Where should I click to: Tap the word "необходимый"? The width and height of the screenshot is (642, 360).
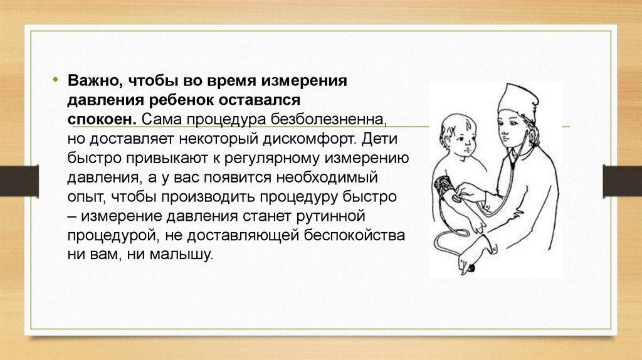pyautogui.click(x=327, y=177)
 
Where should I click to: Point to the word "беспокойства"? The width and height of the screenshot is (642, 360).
pyautogui.click(x=355, y=235)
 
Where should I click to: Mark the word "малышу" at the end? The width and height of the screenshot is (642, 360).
pyautogui.click(x=181, y=255)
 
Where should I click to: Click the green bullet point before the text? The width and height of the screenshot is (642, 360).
pyautogui.click(x=55, y=80)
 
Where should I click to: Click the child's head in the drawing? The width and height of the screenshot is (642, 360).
pyautogui.click(x=458, y=135)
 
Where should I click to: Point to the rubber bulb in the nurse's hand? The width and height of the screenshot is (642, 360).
pyautogui.click(x=471, y=269)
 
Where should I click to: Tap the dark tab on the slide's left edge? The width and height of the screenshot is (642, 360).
pyautogui.click(x=19, y=181)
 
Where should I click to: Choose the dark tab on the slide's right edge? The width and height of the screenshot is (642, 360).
pyautogui.click(x=623, y=181)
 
